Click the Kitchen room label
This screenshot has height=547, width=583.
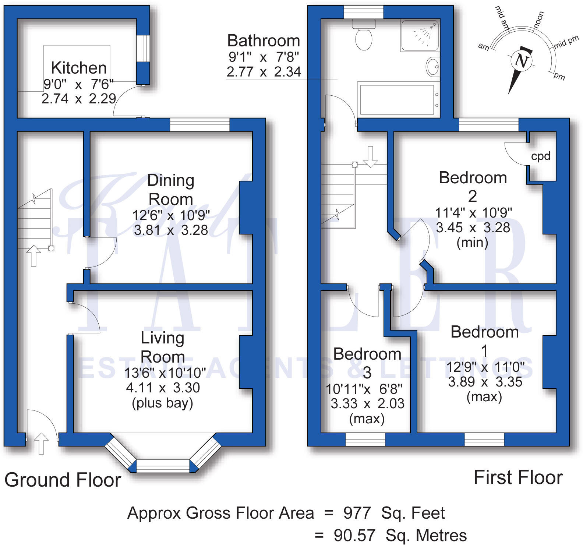click(79, 68)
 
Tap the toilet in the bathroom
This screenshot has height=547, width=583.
click(364, 35)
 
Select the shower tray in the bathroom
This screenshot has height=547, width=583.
click(420, 35)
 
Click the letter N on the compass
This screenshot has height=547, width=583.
click(522, 60)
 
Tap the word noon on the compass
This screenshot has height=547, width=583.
click(538, 20)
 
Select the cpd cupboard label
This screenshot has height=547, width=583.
click(541, 156)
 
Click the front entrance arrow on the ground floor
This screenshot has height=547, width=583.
click(41, 443)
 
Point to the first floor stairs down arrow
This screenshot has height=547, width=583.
click(370, 156)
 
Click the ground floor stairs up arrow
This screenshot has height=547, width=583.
click(33, 255)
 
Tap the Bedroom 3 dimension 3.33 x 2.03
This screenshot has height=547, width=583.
click(367, 403)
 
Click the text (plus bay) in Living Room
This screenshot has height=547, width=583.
click(162, 403)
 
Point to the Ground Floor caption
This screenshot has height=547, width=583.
click(63, 480)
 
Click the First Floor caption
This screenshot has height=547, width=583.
click(518, 477)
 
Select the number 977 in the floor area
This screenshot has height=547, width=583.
click(357, 513)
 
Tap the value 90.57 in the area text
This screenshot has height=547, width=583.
click(354, 535)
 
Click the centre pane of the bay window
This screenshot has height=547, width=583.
click(163, 466)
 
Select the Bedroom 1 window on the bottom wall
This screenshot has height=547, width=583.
click(484, 440)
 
